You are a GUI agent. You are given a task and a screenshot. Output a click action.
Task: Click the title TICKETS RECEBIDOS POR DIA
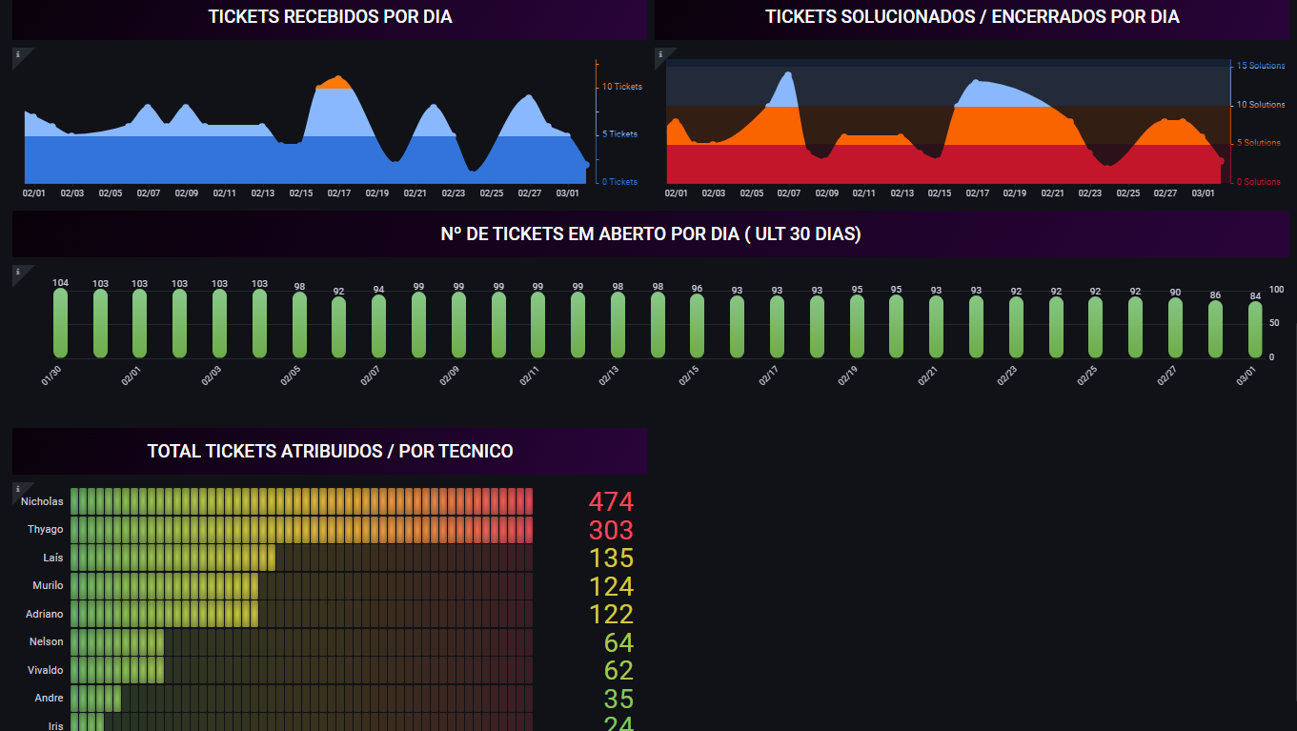(x=330, y=17)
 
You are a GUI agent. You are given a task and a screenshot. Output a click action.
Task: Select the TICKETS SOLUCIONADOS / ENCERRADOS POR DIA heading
(x=972, y=17)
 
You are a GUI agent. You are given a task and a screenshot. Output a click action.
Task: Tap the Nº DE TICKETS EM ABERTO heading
(x=651, y=234)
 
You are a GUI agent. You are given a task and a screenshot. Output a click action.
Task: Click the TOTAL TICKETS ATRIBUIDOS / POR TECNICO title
(x=330, y=452)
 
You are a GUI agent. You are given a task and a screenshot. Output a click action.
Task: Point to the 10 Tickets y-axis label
(x=621, y=87)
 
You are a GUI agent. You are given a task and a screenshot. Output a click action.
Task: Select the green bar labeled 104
(x=61, y=322)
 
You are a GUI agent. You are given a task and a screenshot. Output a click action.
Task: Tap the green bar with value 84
(x=1255, y=330)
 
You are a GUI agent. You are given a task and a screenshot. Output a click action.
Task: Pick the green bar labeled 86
(x=1215, y=329)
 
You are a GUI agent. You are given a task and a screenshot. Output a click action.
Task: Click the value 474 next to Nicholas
(x=611, y=502)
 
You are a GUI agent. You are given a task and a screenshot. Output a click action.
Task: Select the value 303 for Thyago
(x=611, y=530)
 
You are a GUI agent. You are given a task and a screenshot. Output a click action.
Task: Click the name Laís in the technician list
(x=53, y=558)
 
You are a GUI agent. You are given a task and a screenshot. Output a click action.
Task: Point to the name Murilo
(x=48, y=585)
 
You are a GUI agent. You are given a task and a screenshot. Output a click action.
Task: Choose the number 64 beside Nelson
(x=618, y=642)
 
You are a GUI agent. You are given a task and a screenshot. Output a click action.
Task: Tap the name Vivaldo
(x=46, y=670)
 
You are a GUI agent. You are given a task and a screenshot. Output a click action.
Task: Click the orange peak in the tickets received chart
(x=334, y=82)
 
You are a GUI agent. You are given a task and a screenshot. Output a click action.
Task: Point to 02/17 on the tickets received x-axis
(x=339, y=193)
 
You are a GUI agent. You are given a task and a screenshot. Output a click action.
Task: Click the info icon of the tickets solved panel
(x=660, y=54)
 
